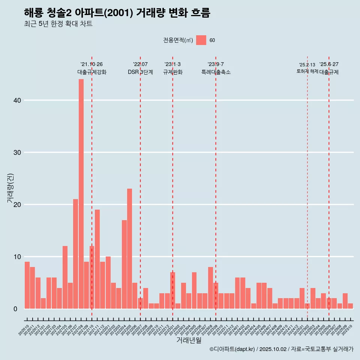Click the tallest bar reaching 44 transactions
pos(81,194)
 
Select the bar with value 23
pos(129,249)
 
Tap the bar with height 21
pos(75,254)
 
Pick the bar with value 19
pos(97,259)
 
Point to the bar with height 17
pos(124,264)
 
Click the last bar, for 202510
pos(350,306)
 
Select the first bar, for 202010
pos(27,285)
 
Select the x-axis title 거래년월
pos(189,340)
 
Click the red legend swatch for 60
pos(201,40)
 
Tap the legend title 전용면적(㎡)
pos(178,40)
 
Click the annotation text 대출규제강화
pos(92,72)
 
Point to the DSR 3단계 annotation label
pos(140,72)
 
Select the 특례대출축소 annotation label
pos(216,72)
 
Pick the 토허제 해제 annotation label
pos(307,71)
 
